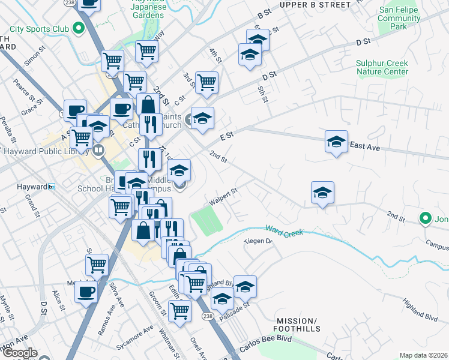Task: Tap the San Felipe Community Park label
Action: (399, 19)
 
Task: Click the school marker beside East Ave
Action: (336, 142)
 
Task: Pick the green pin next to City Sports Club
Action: (77, 28)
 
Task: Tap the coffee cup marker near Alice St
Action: (85, 292)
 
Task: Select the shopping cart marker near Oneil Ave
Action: (179, 310)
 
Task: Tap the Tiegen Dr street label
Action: (258, 242)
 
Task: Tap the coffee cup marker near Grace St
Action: (74, 110)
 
